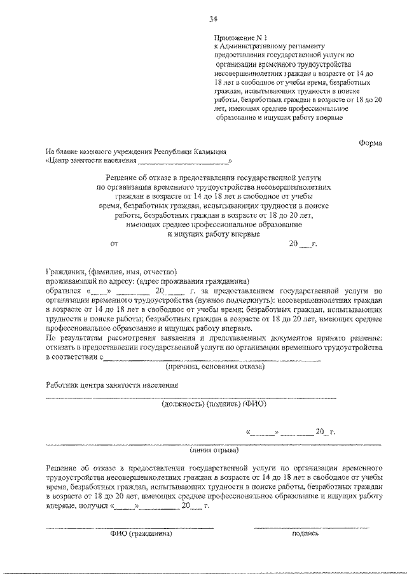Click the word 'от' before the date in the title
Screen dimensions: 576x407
point(114,243)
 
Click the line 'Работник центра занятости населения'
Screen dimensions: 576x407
point(112,385)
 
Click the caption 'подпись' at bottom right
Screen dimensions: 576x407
point(305,534)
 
